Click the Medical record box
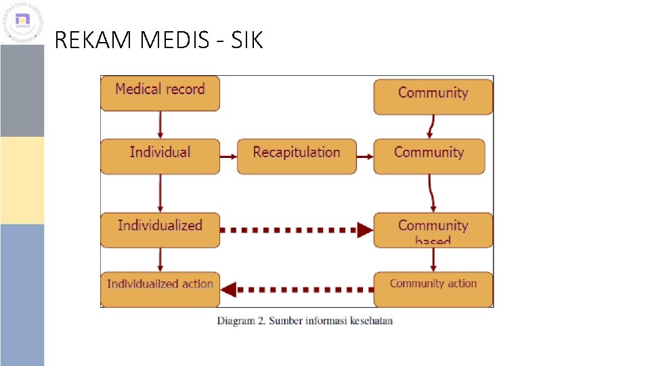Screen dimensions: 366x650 point(160,94)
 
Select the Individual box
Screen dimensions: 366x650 point(160,156)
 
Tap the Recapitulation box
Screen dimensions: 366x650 point(296,156)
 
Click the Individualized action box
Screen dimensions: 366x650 point(160,289)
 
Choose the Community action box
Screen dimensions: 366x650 point(433,289)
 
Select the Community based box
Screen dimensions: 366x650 point(433,230)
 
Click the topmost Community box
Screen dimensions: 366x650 point(433,97)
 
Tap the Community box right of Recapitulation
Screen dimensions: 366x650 point(429,156)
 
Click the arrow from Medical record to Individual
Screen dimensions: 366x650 point(160,125)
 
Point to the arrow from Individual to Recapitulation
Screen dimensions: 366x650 point(228,157)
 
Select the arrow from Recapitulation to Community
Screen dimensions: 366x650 point(365,157)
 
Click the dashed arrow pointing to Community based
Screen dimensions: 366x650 point(297,230)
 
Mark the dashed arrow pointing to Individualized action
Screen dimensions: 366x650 point(297,289)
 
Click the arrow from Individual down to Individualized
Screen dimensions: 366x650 point(160,193)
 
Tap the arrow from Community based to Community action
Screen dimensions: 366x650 point(433,260)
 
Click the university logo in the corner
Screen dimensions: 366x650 point(22,22)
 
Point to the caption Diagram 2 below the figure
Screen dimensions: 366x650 point(305,321)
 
